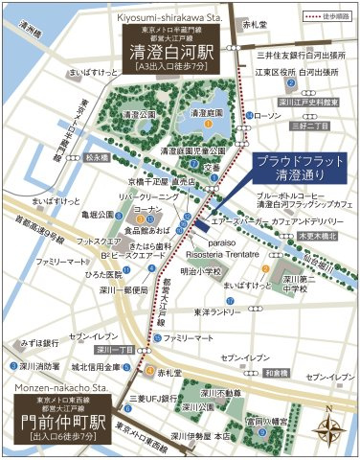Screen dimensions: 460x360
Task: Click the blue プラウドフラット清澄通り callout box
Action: tap(300, 168)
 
